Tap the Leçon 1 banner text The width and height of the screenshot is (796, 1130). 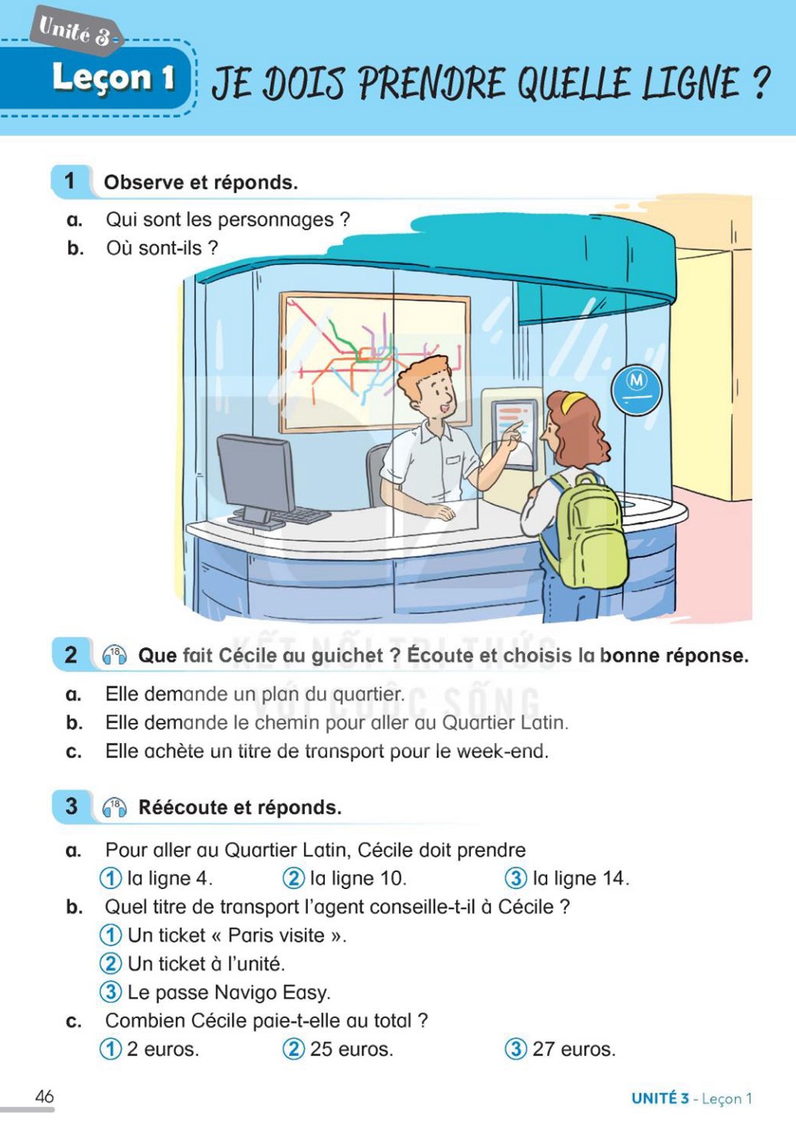[113, 78]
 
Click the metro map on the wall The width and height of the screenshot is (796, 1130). [375, 362]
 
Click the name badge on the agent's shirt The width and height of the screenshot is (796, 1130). [453, 459]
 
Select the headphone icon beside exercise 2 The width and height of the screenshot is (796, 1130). [114, 655]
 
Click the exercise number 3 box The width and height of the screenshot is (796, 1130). [71, 806]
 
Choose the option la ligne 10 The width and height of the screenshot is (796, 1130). [344, 878]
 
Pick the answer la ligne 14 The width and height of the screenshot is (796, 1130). [567, 878]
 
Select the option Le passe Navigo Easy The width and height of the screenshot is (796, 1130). [215, 992]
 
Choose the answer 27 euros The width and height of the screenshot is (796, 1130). [560, 1049]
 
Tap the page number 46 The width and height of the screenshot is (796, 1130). [44, 1096]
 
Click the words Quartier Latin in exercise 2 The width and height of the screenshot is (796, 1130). [504, 723]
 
